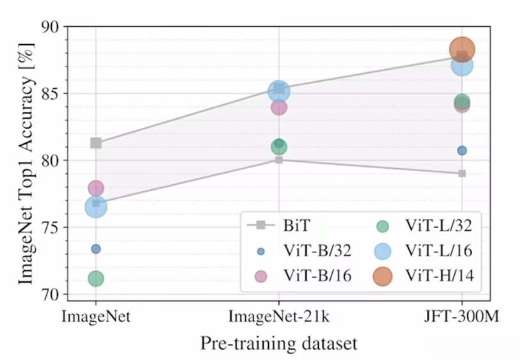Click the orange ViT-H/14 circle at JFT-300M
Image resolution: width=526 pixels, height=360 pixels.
[x=461, y=49]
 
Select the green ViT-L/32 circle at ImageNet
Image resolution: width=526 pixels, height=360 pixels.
[x=96, y=279]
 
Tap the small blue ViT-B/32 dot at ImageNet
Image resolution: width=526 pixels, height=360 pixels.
[x=96, y=249]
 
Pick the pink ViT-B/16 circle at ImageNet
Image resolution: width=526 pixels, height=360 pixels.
[x=96, y=188]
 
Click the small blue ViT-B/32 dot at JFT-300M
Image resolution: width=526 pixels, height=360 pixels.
[x=461, y=150]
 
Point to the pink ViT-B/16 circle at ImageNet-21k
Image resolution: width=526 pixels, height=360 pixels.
[x=279, y=107]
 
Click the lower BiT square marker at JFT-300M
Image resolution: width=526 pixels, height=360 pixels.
[x=461, y=173]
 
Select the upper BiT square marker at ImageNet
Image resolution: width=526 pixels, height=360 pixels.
[x=96, y=143]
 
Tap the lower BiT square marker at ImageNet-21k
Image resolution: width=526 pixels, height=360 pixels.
[x=279, y=159]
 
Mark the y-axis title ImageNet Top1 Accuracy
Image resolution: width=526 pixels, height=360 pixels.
[x=26, y=160]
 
